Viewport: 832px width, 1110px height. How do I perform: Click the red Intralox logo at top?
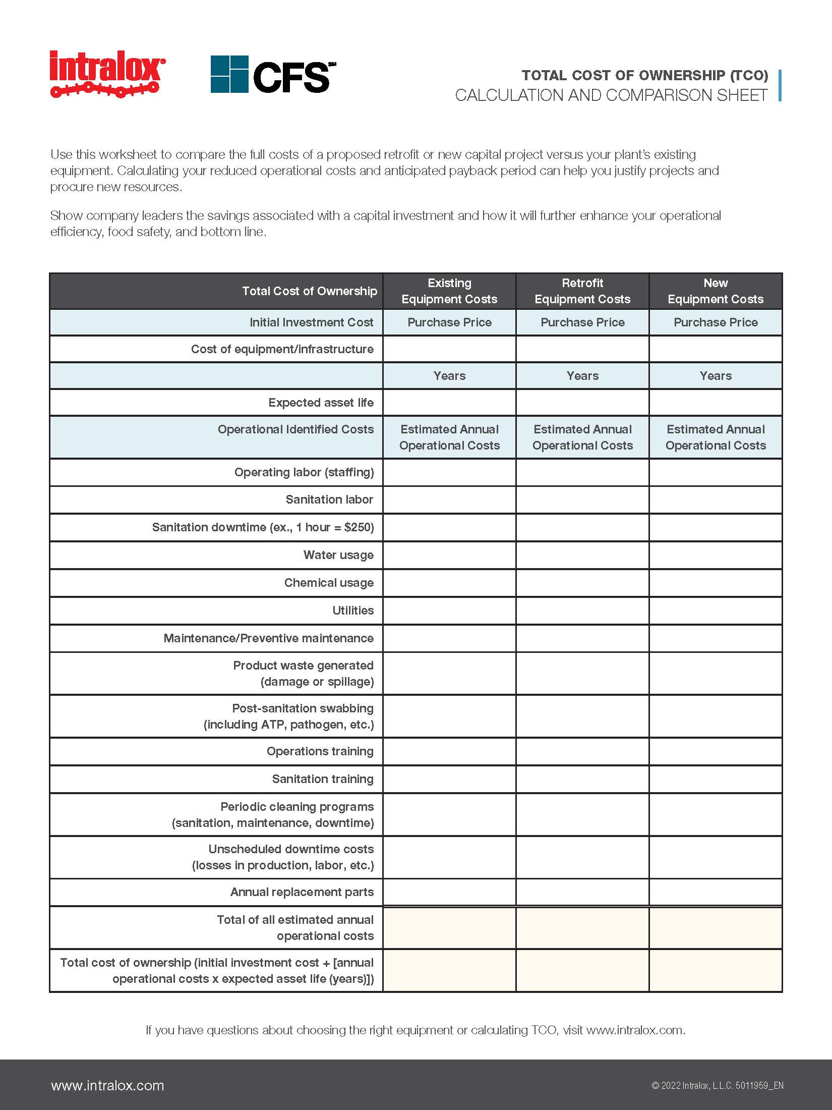tap(107, 74)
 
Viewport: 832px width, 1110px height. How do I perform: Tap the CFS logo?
tap(273, 75)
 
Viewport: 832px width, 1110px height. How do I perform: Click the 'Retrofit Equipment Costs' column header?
tap(582, 291)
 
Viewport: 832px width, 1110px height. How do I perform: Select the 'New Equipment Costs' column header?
tap(716, 291)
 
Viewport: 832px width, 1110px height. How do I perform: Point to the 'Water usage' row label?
tap(338, 555)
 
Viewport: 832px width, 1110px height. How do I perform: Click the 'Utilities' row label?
tap(353, 610)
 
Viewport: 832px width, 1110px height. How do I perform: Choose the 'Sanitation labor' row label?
tap(329, 499)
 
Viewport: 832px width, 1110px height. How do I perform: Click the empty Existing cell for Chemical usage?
tap(449, 583)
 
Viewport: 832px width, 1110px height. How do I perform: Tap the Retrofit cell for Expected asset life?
tap(582, 403)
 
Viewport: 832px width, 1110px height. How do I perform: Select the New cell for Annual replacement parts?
tap(716, 892)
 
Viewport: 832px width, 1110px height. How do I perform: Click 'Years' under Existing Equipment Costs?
tap(449, 376)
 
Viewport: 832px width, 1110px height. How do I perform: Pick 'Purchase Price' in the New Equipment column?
tap(716, 322)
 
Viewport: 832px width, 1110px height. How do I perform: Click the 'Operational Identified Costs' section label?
tap(295, 429)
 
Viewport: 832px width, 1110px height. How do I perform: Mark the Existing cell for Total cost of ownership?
tap(449, 971)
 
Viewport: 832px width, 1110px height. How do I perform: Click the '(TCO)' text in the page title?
tap(749, 76)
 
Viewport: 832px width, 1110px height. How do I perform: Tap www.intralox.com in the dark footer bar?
tap(107, 1086)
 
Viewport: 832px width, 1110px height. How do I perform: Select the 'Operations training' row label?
tap(320, 751)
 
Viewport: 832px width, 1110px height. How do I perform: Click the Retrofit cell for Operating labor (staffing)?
tap(582, 472)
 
